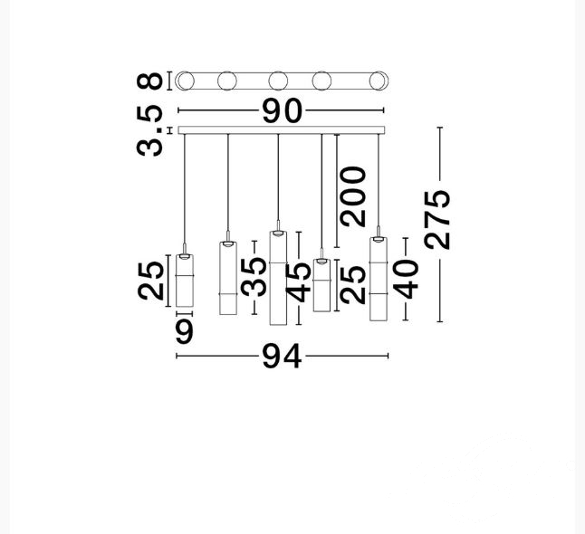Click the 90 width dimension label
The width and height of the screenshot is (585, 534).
pyautogui.click(x=282, y=111)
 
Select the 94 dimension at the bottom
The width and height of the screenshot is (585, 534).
pyautogui.click(x=282, y=357)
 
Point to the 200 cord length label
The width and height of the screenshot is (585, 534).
pyautogui.click(x=353, y=195)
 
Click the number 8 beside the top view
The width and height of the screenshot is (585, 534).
pyautogui.click(x=153, y=81)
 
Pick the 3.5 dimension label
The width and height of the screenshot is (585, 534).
pyautogui.click(x=152, y=131)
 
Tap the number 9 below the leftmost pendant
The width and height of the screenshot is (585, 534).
pyautogui.click(x=184, y=331)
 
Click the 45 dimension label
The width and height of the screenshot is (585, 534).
pyautogui.click(x=298, y=282)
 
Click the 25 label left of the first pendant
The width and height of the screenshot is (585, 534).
pyautogui.click(x=152, y=280)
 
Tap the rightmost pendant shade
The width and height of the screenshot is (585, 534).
pyautogui.click(x=378, y=279)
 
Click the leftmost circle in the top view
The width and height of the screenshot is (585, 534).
pyautogui.click(x=186, y=81)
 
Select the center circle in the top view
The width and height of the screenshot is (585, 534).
pyautogui.click(x=278, y=81)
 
